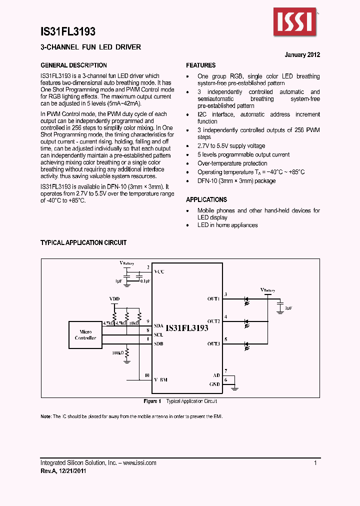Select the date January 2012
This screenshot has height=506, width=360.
[x=302, y=55]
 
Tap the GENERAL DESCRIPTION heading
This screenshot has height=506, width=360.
[x=73, y=65]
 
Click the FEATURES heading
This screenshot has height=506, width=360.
[x=201, y=65]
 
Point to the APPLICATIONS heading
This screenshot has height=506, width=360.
[x=206, y=199]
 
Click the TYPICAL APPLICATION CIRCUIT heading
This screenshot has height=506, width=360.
[x=83, y=242]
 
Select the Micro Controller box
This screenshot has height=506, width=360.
[x=86, y=335]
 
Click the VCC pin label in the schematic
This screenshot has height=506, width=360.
[x=159, y=271]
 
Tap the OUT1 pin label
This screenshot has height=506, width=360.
[x=213, y=298]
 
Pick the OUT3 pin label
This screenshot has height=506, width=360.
[x=213, y=343]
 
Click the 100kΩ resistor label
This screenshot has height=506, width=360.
[x=118, y=353]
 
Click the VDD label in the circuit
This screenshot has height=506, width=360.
[x=114, y=299]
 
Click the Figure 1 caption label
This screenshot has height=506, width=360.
[x=152, y=401]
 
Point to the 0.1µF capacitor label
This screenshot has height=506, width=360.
[x=145, y=281]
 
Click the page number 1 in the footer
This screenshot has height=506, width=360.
[x=315, y=463]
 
